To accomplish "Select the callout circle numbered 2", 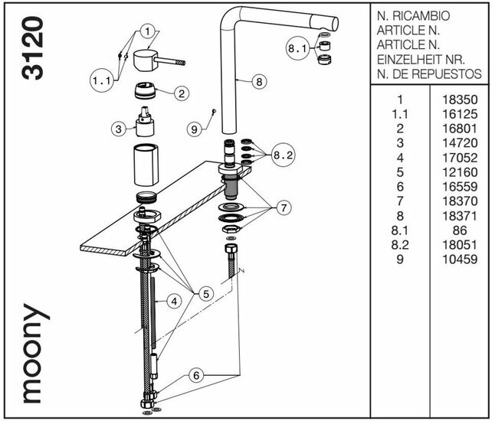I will (182, 94).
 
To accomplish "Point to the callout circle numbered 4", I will (175, 302).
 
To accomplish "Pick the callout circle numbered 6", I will (197, 375).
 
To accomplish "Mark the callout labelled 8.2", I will (283, 155).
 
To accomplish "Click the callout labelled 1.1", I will (101, 80).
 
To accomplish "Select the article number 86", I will (460, 230).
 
